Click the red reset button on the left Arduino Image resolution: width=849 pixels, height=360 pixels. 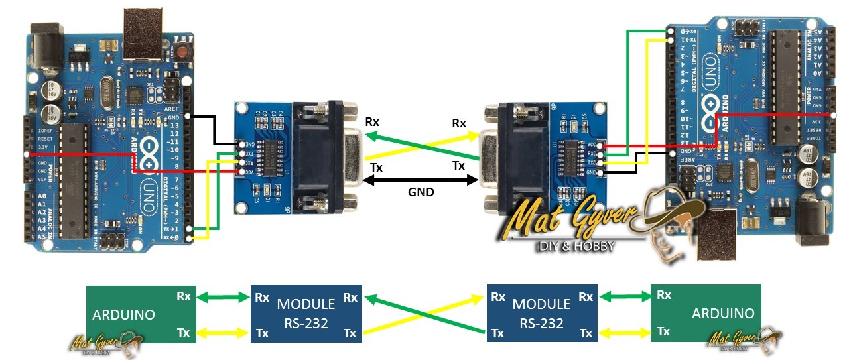tap(181, 51)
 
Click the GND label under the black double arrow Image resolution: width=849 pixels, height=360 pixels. tap(421, 192)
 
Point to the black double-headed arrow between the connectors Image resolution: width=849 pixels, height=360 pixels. tap(421, 179)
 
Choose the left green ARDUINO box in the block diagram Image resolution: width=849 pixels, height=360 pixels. tap(141, 314)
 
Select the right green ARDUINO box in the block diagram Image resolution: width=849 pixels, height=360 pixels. tap(706, 314)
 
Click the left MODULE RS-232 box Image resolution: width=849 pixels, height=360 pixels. tap(306, 314)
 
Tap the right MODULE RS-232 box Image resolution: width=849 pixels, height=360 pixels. tap(541, 314)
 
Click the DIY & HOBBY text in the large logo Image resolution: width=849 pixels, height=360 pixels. tap(576, 246)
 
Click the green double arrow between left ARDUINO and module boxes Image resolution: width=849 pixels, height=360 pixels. tap(223, 298)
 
